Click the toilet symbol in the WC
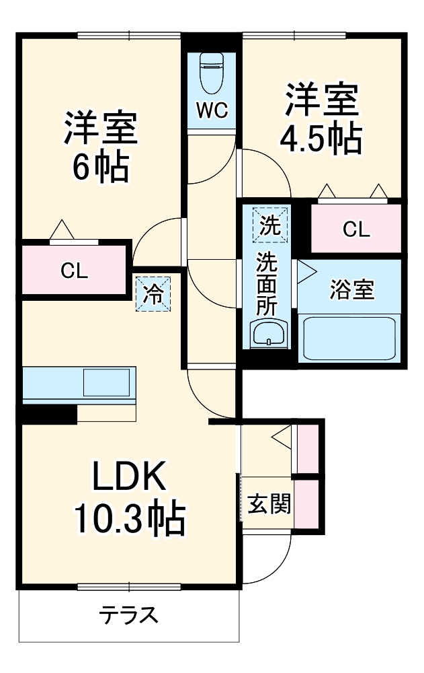coord(212,72)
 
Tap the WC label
coord(212,110)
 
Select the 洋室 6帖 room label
coord(101,147)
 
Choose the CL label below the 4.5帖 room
coord(355,229)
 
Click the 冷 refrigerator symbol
coord(154,295)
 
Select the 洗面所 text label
coord(268,282)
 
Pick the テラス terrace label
coord(129,614)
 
